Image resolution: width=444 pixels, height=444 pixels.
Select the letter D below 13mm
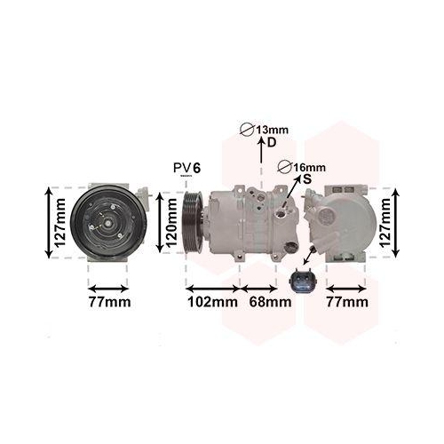[272, 143]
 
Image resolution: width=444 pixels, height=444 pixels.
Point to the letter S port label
[307, 178]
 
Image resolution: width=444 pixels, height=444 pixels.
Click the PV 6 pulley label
[187, 168]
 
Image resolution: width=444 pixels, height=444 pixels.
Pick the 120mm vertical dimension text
[171, 223]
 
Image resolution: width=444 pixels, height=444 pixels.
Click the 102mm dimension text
[213, 302]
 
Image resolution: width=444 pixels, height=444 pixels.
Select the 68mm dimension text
[270, 302]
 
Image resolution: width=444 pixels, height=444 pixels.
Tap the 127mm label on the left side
[59, 223]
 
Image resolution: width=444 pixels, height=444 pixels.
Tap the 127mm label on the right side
[385, 223]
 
